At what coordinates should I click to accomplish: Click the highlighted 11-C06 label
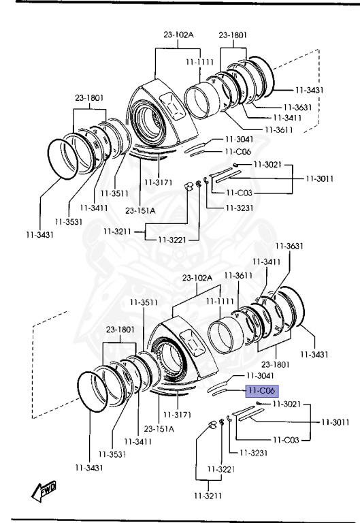coord(262,391)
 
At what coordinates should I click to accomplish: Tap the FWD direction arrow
coord(44,491)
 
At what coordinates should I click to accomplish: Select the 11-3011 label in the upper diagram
coord(320,178)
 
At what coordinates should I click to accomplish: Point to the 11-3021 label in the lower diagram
coord(287,404)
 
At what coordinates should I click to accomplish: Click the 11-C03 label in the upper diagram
coord(239,193)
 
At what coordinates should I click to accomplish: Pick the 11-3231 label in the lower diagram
coord(254,453)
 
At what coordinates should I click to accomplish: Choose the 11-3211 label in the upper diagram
coord(117,231)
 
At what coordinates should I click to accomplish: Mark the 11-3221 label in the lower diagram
coord(221,469)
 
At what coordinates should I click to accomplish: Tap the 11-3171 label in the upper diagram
coord(159,182)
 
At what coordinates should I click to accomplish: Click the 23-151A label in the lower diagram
coord(159,428)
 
